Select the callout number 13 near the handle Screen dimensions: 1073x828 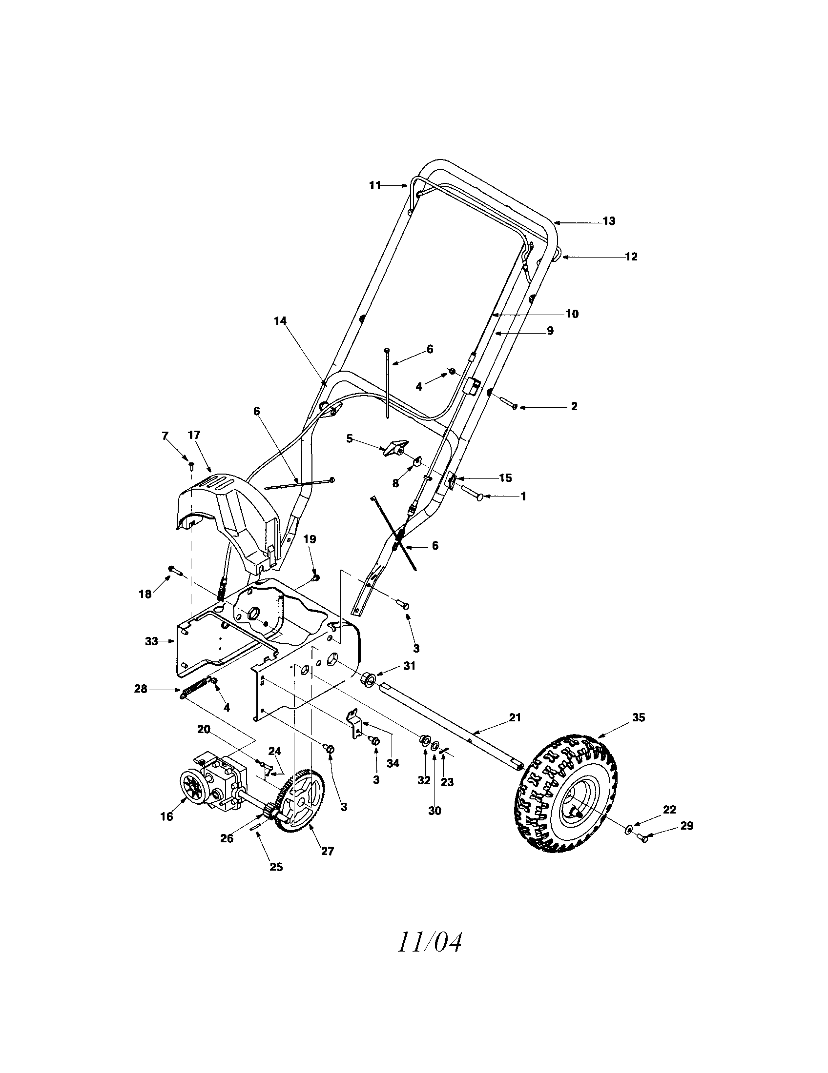pyautogui.click(x=609, y=221)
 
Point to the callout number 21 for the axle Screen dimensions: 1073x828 pyautogui.click(x=515, y=718)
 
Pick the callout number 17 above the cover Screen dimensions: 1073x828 pyautogui.click(x=194, y=435)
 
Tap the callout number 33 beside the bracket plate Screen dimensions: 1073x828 pyautogui.click(x=152, y=641)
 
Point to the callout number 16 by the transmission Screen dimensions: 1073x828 pyautogui.click(x=166, y=817)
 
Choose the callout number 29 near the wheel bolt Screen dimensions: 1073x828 pyautogui.click(x=687, y=826)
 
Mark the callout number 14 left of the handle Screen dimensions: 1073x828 pyautogui.click(x=280, y=321)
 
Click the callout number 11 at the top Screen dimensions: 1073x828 pyautogui.click(x=375, y=186)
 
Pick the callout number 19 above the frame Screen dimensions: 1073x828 pyautogui.click(x=310, y=539)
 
